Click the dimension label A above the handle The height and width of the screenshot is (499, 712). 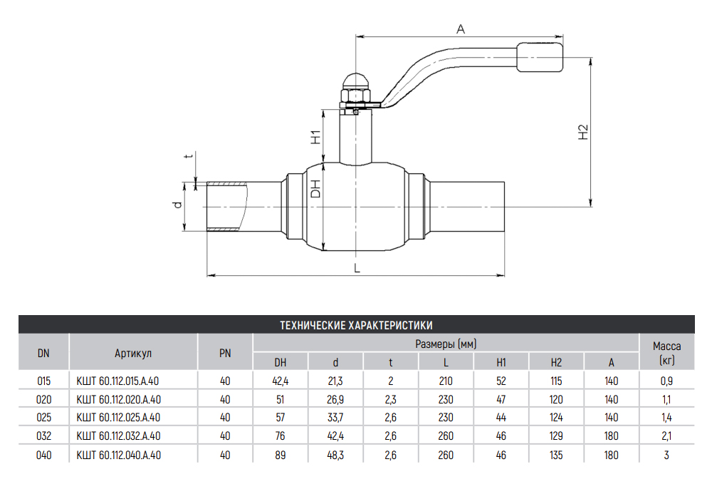coord(461,29)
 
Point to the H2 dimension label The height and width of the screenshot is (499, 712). coord(583,132)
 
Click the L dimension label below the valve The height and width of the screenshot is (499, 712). coord(357,268)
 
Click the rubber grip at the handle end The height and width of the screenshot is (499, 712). coord(540,58)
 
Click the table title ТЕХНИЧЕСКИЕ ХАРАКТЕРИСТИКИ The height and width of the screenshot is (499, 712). coord(356,325)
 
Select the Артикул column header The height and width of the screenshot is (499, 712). coord(133,352)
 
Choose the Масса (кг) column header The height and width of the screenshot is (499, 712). coord(667,352)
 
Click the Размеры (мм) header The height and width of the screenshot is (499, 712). coord(446,344)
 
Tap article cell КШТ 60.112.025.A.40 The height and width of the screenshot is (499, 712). coord(118,418)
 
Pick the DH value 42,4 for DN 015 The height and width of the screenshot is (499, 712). coord(281,381)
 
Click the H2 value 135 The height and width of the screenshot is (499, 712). coord(556,455)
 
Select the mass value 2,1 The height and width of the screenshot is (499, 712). coord(667,436)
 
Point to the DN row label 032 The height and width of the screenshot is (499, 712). coord(43,436)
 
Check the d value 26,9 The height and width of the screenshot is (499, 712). coord(335,399)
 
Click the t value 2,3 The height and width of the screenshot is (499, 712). coord(390,399)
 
